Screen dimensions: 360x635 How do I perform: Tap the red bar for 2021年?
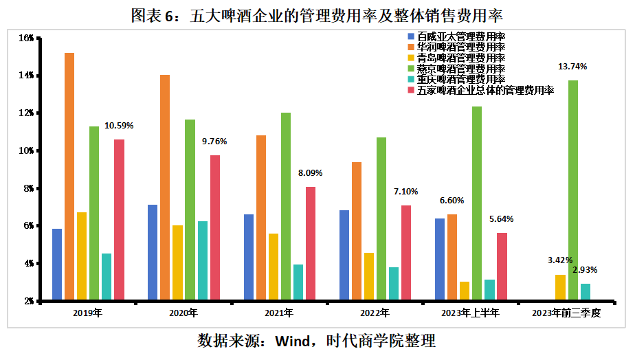tap(311, 243)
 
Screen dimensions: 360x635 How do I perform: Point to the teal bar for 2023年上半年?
tap(489, 290)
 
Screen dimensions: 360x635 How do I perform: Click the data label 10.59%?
tap(119, 126)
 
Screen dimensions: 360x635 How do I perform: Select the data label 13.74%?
tap(573, 67)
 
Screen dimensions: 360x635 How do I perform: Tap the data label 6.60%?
tap(452, 201)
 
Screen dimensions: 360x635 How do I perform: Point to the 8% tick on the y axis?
tap(27, 188)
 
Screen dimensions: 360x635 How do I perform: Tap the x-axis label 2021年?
tap(279, 313)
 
